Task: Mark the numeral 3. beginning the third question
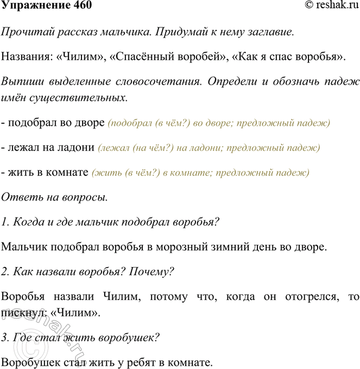(x=6, y=338)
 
